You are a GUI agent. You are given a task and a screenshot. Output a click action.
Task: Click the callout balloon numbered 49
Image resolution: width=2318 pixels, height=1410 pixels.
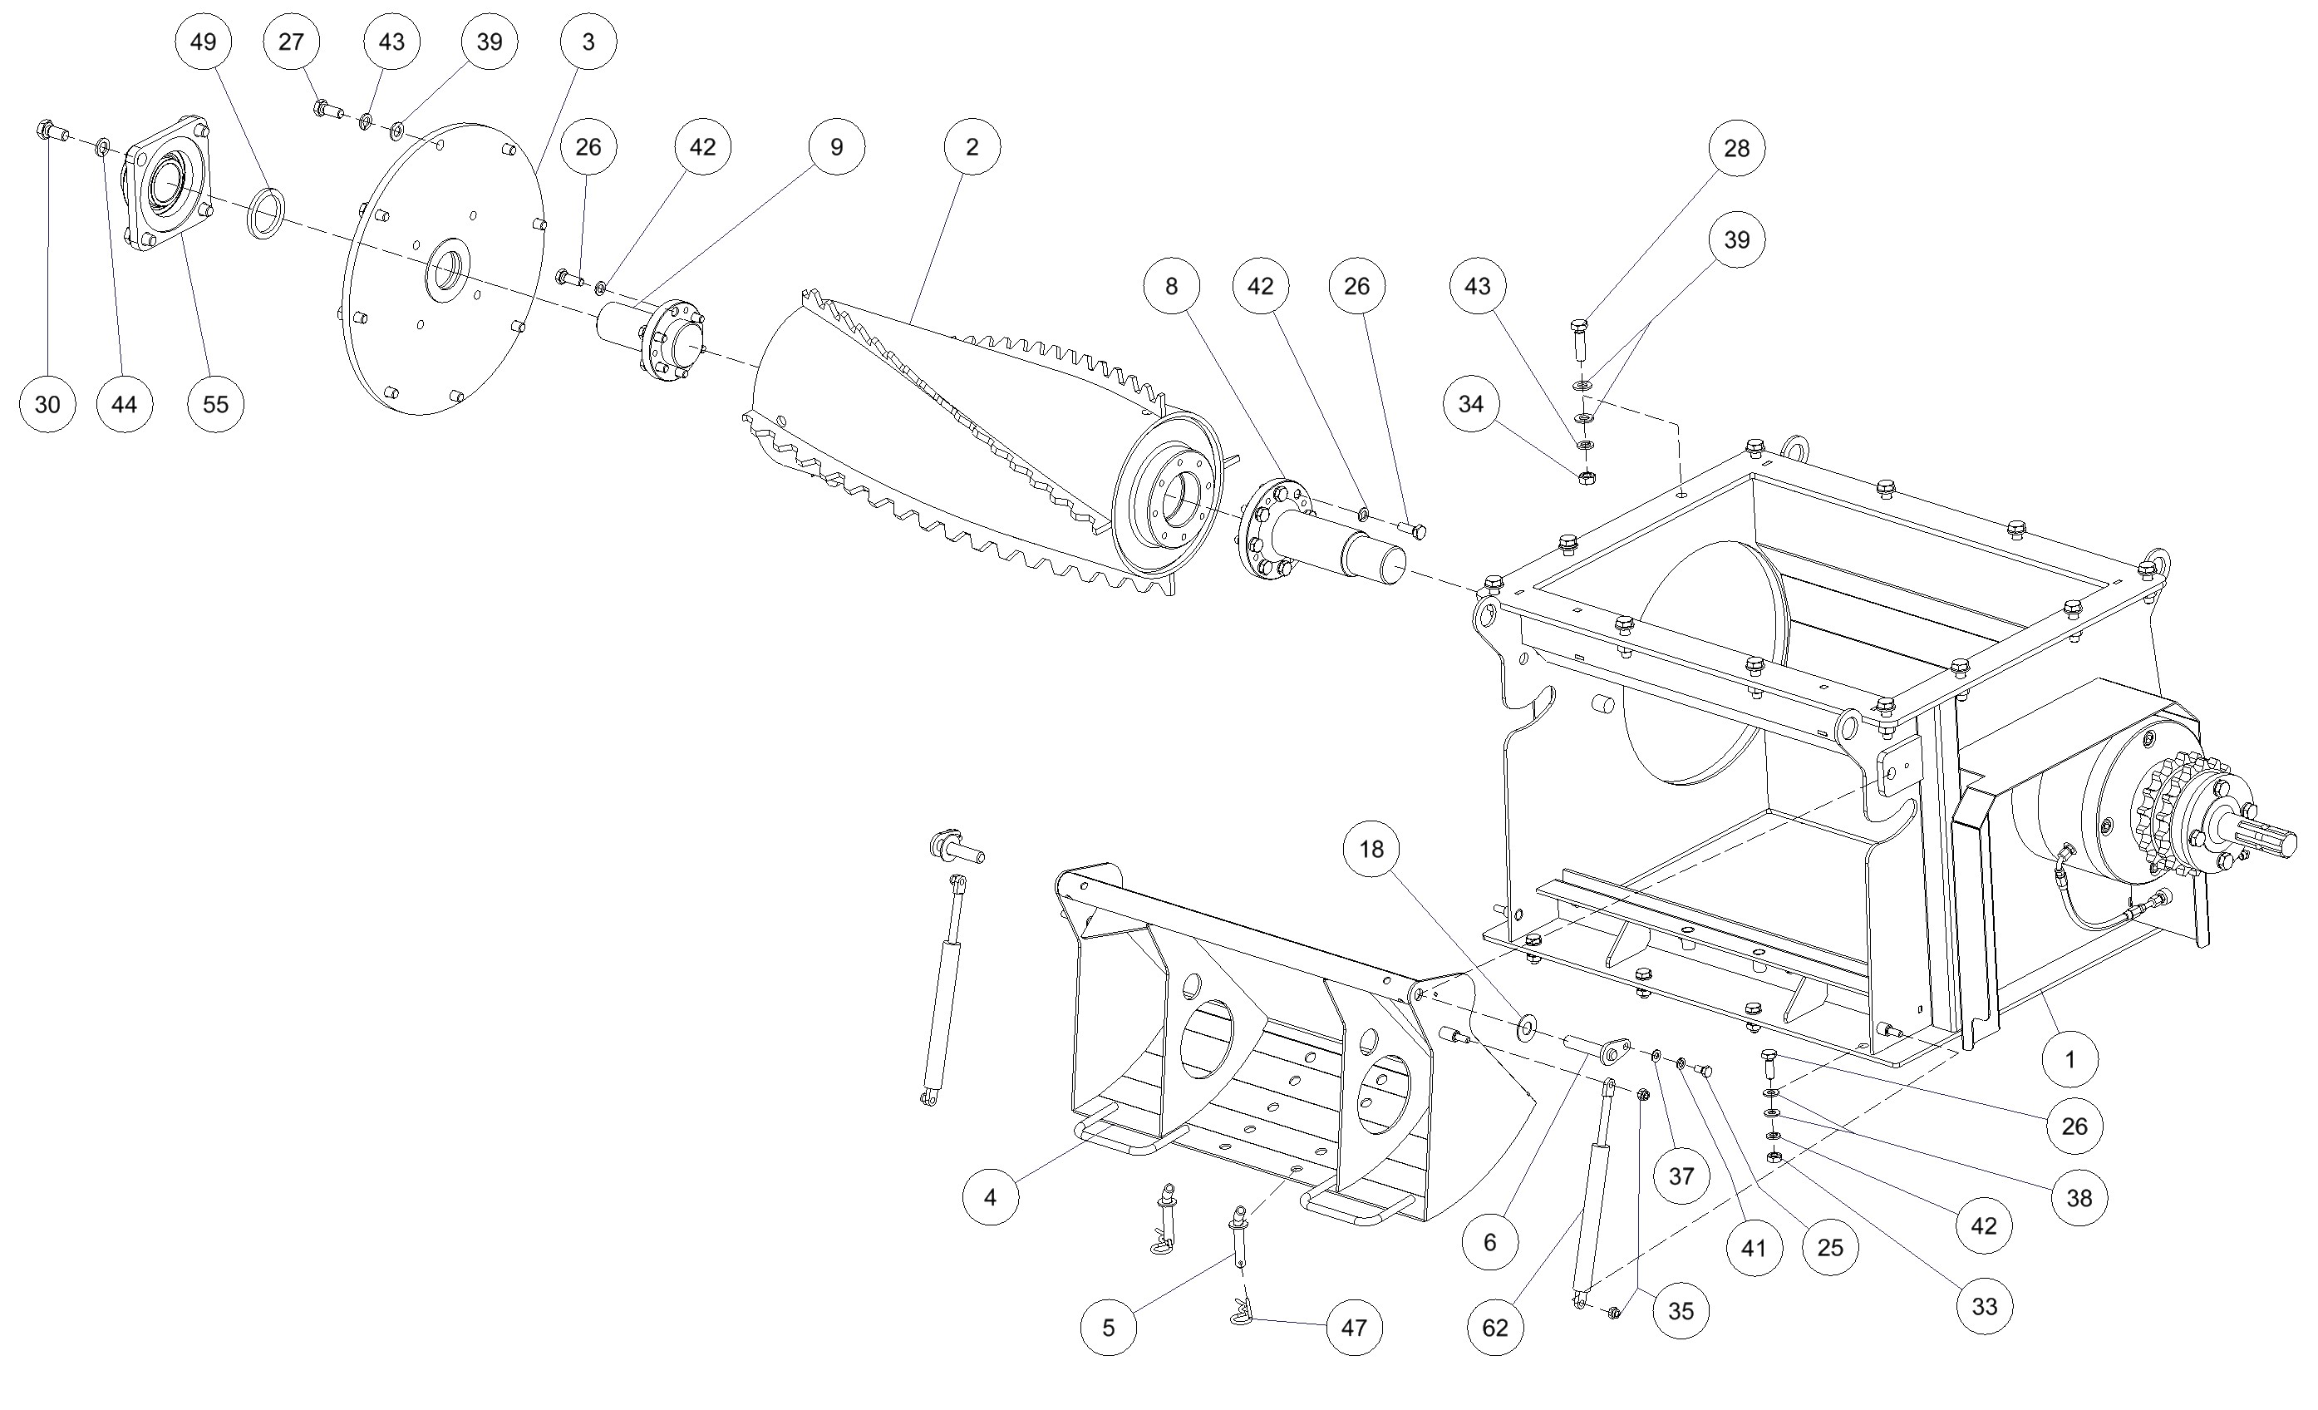click(x=203, y=42)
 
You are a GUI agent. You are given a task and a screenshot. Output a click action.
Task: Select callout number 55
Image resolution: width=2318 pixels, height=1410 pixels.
click(x=215, y=404)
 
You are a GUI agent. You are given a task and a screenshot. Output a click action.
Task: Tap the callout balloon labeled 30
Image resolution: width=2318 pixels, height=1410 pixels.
click(x=47, y=404)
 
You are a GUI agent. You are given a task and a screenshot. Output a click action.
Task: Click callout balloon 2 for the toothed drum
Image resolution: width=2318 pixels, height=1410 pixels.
click(x=972, y=147)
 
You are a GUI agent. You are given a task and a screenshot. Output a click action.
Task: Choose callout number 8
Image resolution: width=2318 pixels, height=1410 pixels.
click(x=1171, y=286)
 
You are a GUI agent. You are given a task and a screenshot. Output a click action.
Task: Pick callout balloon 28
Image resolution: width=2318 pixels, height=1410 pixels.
click(x=1736, y=148)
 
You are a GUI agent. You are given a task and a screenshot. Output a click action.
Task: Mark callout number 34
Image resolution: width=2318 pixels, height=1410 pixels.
click(x=1470, y=404)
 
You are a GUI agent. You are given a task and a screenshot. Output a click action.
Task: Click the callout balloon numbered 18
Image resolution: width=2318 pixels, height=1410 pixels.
click(x=1371, y=849)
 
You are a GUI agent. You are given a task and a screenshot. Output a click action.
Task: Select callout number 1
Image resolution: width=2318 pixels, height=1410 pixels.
click(x=2069, y=1060)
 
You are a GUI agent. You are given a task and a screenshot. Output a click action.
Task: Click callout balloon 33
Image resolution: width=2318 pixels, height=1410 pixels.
click(x=1984, y=1306)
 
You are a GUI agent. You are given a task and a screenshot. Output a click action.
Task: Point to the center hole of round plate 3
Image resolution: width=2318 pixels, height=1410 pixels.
click(x=447, y=269)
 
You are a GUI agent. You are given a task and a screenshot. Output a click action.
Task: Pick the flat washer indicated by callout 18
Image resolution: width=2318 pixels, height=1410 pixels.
click(x=1525, y=1028)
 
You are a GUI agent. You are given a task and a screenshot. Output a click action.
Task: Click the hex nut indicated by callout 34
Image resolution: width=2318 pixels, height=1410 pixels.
click(x=1585, y=476)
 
